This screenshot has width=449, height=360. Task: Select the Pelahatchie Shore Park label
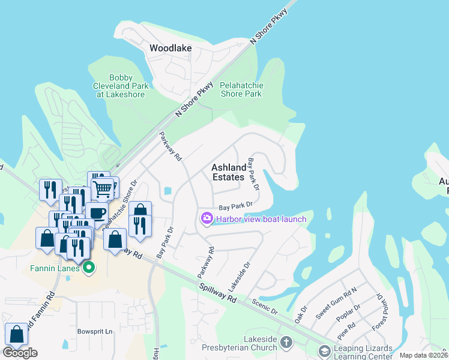(x=241, y=89)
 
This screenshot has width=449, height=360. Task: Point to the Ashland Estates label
(x=229, y=172)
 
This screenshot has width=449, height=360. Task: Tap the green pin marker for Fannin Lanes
(x=89, y=268)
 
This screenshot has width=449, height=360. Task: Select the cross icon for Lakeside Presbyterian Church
(x=286, y=343)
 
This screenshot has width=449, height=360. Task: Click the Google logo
(x=20, y=353)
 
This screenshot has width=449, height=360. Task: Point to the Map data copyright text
(x=423, y=355)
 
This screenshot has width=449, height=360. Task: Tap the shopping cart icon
(x=103, y=189)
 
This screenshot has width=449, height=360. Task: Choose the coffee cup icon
(x=96, y=212)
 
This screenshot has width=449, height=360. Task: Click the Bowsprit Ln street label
(x=95, y=331)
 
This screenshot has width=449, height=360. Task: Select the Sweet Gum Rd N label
(x=336, y=302)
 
